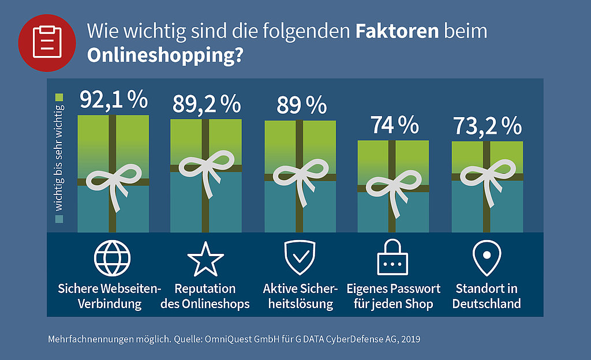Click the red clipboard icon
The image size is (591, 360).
tap(47, 43)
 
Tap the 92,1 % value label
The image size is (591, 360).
tap(114, 100)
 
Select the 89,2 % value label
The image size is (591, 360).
tap(207, 104)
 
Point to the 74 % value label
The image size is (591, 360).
tap(394, 125)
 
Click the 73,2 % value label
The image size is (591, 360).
tap(487, 126)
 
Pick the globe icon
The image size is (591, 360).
tap(113, 258)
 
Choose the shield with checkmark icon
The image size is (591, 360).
tap(300, 258)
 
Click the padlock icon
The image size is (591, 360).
tap(392, 257)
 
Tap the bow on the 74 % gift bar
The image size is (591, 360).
tap(394, 192)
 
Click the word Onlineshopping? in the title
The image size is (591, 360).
tap(166, 55)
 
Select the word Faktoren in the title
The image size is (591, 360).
tap(397, 31)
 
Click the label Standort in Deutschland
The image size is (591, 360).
tap(487, 296)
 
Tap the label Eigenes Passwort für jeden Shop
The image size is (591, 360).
tap(394, 297)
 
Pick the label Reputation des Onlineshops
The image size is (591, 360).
tap(205, 297)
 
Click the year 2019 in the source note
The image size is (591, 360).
tap(411, 339)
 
